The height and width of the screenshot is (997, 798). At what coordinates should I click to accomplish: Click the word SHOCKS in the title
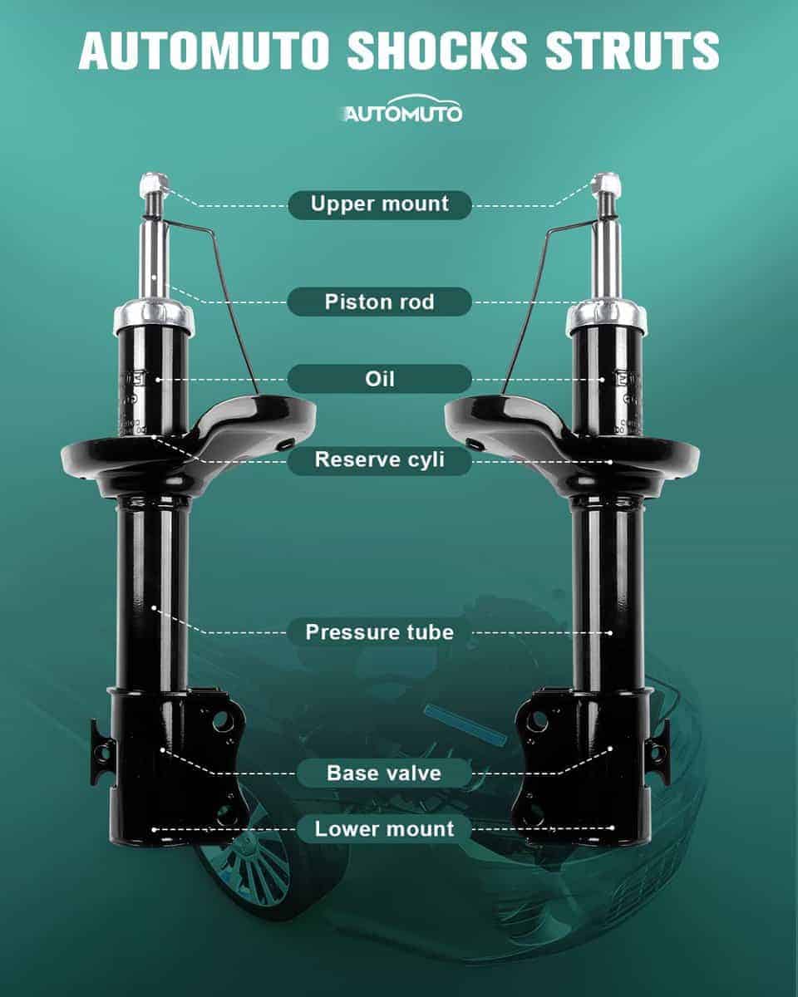point(436,51)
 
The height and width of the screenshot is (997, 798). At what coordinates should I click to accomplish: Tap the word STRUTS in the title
point(633,51)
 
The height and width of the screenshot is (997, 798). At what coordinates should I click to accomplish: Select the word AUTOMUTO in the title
point(204,51)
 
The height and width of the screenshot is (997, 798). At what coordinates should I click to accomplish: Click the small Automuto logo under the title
point(402,110)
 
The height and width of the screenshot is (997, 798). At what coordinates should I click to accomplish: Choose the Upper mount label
point(380,204)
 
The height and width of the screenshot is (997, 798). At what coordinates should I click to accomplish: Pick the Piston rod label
point(380,302)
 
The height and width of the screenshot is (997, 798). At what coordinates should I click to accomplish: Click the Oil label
point(380,379)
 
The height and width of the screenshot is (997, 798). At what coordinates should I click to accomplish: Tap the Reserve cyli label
point(380,460)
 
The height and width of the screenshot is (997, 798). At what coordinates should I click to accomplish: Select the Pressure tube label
point(380,632)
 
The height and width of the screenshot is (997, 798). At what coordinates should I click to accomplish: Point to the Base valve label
point(384,774)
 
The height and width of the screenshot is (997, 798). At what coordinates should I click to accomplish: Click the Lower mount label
point(384,829)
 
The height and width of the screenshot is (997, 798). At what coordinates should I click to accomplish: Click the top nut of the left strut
point(154,184)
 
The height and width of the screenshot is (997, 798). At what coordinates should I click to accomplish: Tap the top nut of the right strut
point(608,184)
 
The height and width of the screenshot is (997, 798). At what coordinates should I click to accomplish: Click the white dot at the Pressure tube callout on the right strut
point(610,633)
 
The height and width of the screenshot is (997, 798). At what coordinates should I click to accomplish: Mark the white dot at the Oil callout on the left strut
point(158,380)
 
